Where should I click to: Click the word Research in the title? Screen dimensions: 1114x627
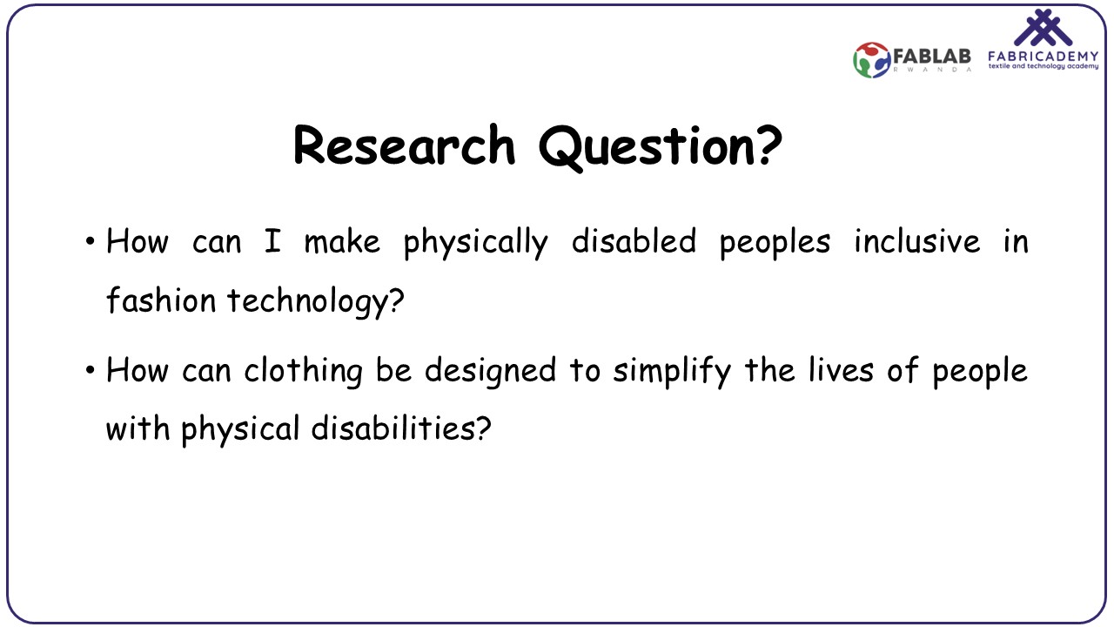pyautogui.click(x=405, y=145)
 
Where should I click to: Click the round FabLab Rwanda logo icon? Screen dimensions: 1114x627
pyautogui.click(x=871, y=60)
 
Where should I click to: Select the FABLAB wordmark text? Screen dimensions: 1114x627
pyautogui.click(x=932, y=57)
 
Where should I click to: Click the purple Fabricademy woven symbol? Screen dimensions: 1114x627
pyautogui.click(x=1044, y=28)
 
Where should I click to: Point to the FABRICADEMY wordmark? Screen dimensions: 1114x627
pyautogui.click(x=1043, y=57)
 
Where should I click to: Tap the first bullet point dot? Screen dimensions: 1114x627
pyautogui.click(x=90, y=242)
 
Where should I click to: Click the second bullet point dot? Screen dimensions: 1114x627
pyautogui.click(x=90, y=370)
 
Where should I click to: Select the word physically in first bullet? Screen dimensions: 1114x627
pyautogui.click(x=475, y=243)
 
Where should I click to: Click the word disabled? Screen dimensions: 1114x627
pyautogui.click(x=634, y=241)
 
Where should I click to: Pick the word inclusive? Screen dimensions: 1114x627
pyautogui.click(x=917, y=241)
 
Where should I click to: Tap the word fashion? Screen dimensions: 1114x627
pyautogui.click(x=161, y=300)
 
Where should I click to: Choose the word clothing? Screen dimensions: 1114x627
pyautogui.click(x=304, y=372)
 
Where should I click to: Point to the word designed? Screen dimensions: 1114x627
pyautogui.click(x=490, y=372)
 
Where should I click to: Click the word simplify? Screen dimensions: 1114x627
pyautogui.click(x=672, y=372)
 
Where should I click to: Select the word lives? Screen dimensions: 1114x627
pyautogui.click(x=841, y=369)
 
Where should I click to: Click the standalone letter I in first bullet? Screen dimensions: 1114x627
pyautogui.click(x=272, y=241)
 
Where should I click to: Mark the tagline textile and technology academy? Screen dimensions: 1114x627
pyautogui.click(x=1044, y=66)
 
